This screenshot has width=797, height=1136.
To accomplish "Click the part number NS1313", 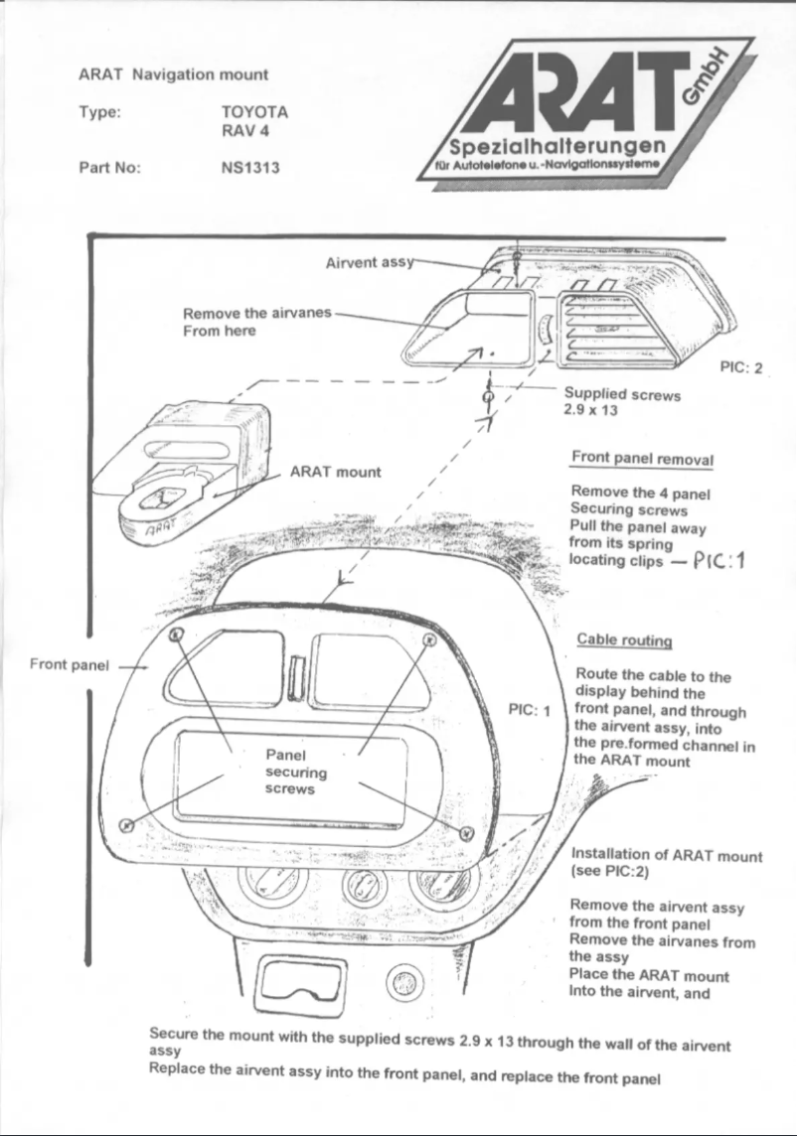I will (249, 168).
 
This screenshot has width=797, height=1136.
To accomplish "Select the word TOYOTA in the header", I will (254, 112).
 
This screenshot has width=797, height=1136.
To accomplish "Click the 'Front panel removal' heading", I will (642, 460).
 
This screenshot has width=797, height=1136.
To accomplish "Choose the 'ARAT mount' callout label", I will (335, 472).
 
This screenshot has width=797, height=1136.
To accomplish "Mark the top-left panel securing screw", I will (175, 634).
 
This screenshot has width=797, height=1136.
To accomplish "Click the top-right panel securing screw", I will (429, 638).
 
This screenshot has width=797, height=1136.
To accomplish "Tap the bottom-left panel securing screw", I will (126, 824).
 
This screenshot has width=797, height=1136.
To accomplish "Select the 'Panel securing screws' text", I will (289, 771).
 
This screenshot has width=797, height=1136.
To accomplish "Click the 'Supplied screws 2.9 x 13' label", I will (622, 402).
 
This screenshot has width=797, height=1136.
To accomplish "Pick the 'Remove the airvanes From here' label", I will (256, 322).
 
